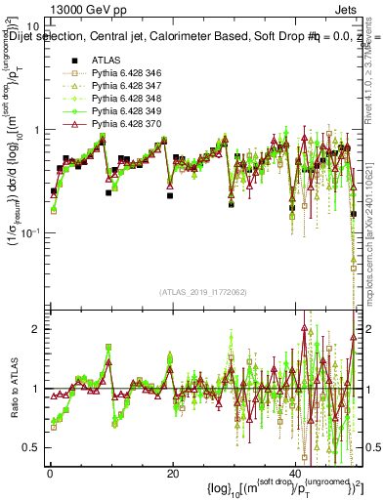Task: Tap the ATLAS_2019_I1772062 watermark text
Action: point(204,291)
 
